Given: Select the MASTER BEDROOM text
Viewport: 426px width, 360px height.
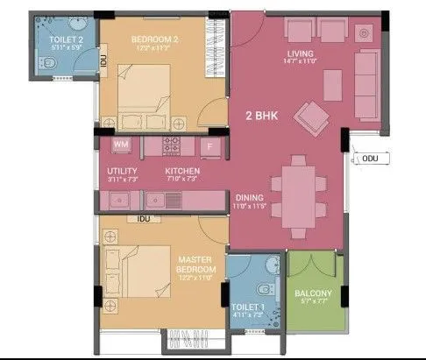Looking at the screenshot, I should click(196, 265).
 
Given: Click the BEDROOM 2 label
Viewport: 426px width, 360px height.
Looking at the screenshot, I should click(155, 39).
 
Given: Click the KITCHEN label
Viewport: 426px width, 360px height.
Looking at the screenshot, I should click(182, 171).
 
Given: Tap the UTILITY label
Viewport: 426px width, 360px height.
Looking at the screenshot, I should click(122, 171).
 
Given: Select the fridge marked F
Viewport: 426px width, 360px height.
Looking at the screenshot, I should click(209, 145).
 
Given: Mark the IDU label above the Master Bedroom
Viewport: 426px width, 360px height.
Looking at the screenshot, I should click(145, 217).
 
